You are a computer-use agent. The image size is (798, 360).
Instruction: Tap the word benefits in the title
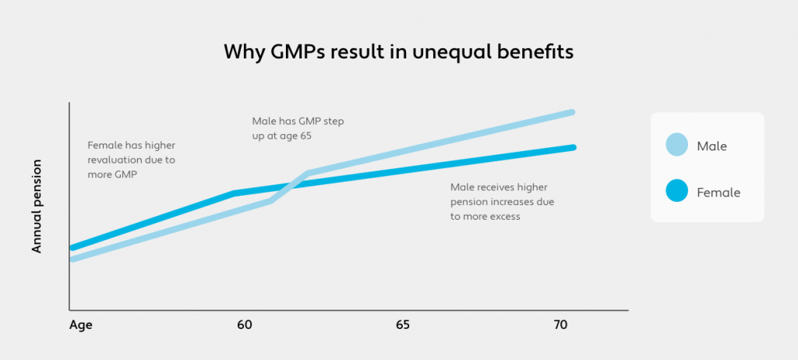pyautogui.click(x=534, y=52)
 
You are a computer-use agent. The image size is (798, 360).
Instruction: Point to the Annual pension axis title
pyautogui.click(x=37, y=206)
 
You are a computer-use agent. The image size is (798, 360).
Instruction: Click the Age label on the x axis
pyautogui.click(x=81, y=325)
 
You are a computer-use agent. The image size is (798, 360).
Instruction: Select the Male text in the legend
pyautogui.click(x=712, y=146)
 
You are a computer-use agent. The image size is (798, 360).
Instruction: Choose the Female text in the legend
pyautogui.click(x=719, y=192)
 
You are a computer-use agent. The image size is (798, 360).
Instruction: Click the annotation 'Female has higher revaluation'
pyautogui.click(x=131, y=160)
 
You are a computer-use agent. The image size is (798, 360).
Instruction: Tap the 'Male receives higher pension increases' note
pyautogui.click(x=502, y=202)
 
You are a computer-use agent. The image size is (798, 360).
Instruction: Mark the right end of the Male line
pyautogui.click(x=573, y=112)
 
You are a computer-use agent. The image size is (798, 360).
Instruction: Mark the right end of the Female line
pyautogui.click(x=573, y=147)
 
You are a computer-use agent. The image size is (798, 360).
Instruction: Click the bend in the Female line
pyautogui.click(x=234, y=192)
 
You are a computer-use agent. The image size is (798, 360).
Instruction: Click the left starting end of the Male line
pyautogui.click(x=72, y=259)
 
